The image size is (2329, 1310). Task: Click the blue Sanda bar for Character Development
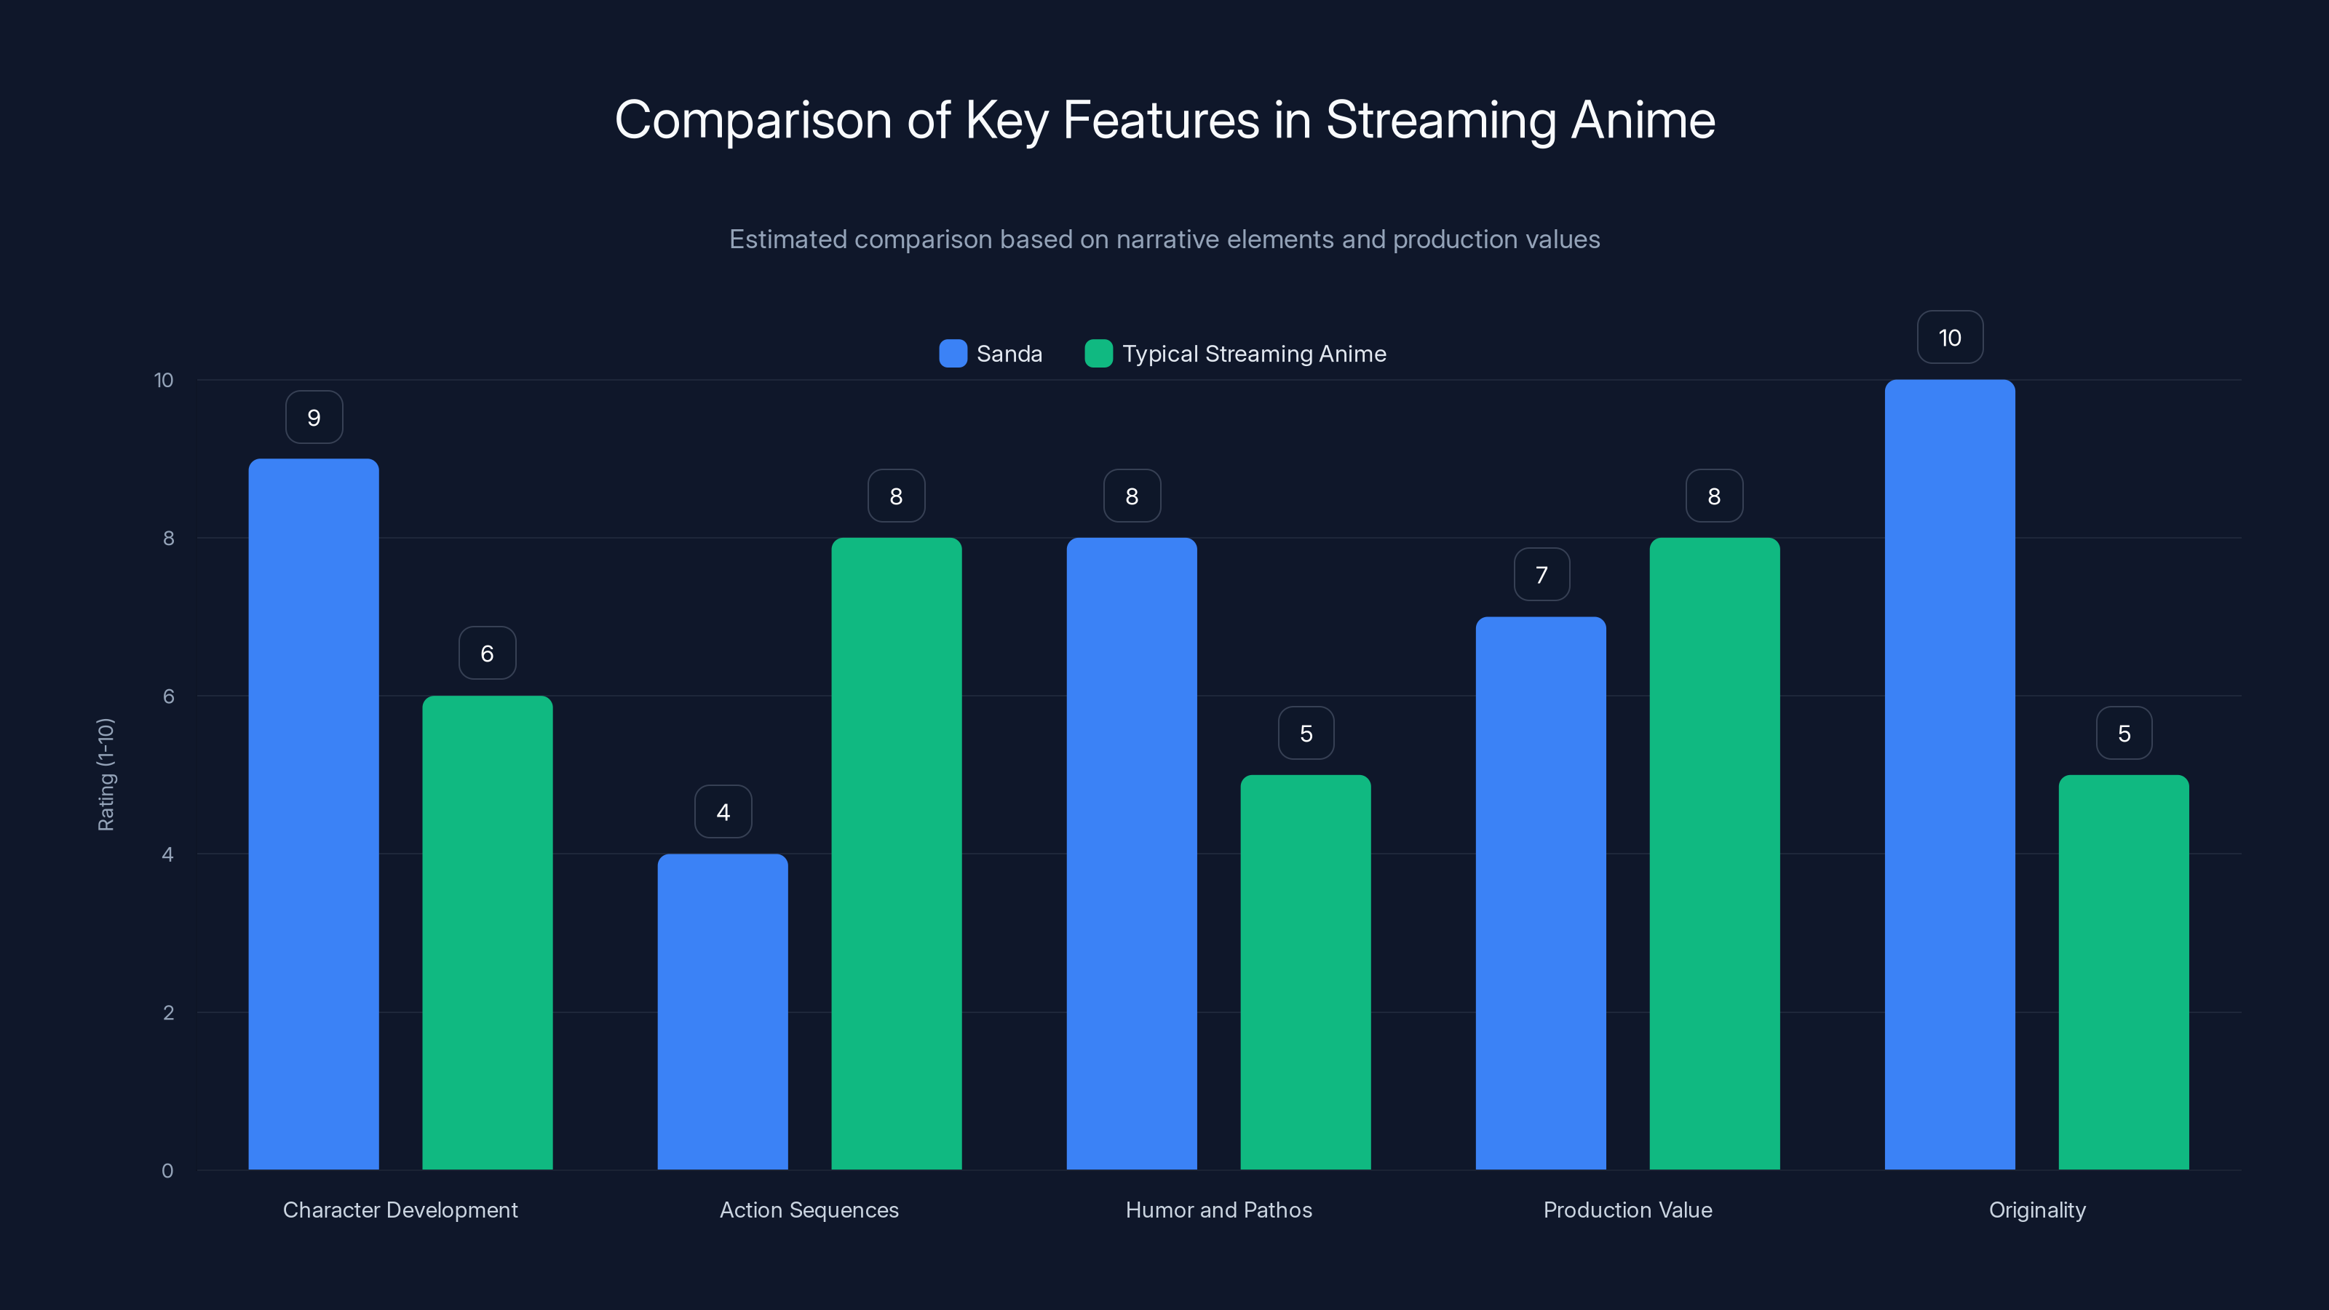point(314,814)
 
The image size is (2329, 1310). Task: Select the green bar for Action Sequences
point(896,854)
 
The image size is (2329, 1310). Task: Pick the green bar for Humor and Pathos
point(1306,972)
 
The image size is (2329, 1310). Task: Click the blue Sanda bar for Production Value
point(1541,893)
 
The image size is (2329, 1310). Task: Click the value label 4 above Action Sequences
point(723,812)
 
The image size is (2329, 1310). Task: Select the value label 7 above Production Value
point(1542,574)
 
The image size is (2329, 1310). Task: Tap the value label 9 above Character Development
point(314,417)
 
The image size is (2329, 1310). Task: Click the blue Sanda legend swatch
point(953,354)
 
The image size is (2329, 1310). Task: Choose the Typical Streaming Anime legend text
point(1253,354)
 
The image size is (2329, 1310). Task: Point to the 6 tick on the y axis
point(168,696)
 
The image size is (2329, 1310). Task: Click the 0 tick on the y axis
point(167,1171)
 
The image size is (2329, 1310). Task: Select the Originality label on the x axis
point(2036,1210)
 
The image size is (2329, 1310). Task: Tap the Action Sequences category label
point(809,1210)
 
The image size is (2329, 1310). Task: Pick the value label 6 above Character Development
point(488,653)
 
